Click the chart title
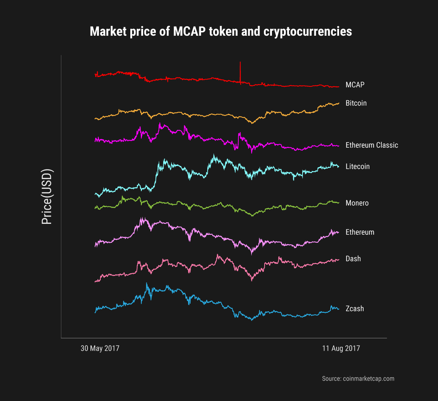pyautogui.click(x=221, y=32)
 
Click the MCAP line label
pyautogui.click(x=355, y=85)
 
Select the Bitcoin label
pyautogui.click(x=356, y=103)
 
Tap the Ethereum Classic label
pyautogui.click(x=372, y=145)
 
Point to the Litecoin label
pyautogui.click(x=357, y=167)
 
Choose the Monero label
pyautogui.click(x=357, y=203)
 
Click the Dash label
pyautogui.click(x=353, y=259)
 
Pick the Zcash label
pyautogui.click(x=354, y=309)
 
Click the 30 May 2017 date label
pyautogui.click(x=100, y=349)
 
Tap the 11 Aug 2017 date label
pyautogui.click(x=341, y=349)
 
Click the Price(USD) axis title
pyautogui.click(x=47, y=197)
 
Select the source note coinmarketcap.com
pyautogui.click(x=358, y=379)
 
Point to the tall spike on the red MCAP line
pyautogui.click(x=240, y=64)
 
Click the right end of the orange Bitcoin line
pyautogui.click(x=339, y=103)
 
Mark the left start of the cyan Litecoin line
pyautogui.click(x=95, y=194)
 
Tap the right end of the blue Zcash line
pyautogui.click(x=339, y=309)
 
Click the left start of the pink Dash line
pyautogui.click(x=95, y=281)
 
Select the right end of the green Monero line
pyautogui.click(x=339, y=203)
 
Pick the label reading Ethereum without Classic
pyautogui.click(x=360, y=232)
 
